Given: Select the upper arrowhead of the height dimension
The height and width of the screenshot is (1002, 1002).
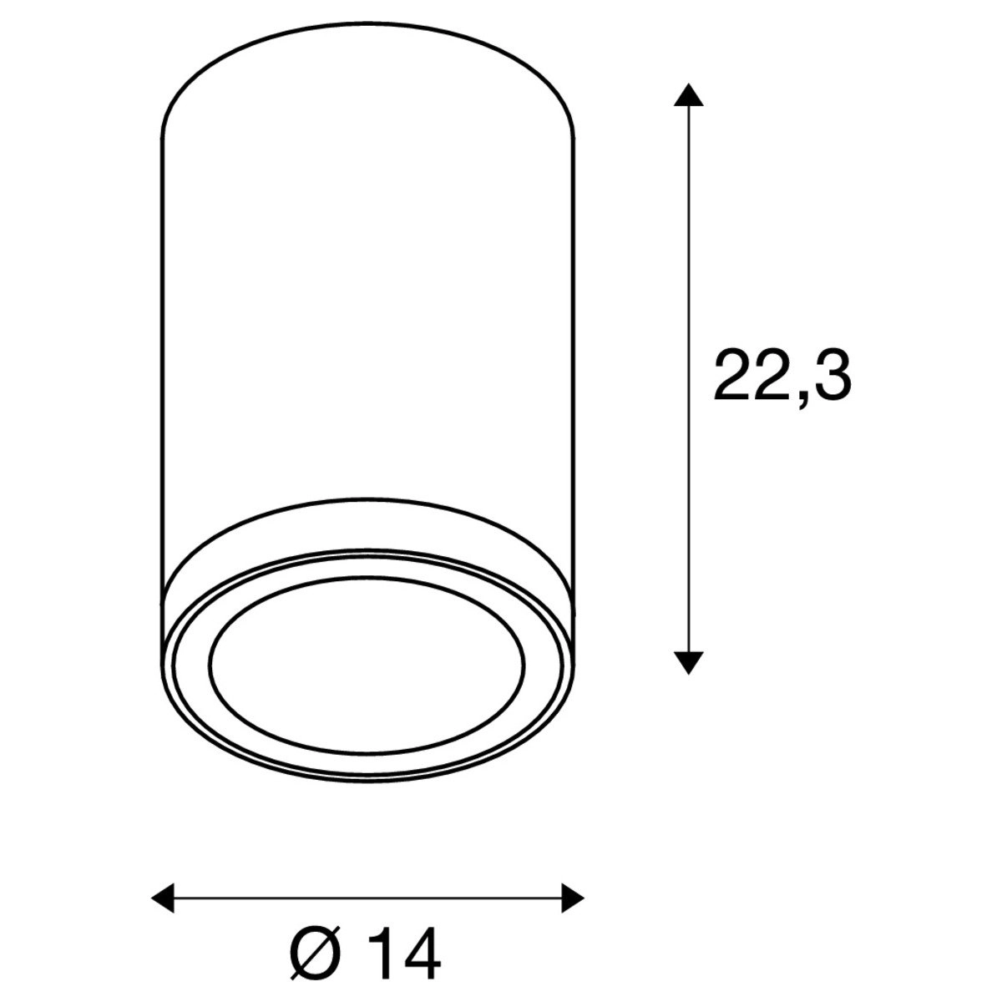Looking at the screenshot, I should click(686, 94).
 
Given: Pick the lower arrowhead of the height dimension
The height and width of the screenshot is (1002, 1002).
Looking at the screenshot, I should click(686, 661).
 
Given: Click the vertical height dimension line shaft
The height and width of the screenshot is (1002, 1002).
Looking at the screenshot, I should click(686, 250).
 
